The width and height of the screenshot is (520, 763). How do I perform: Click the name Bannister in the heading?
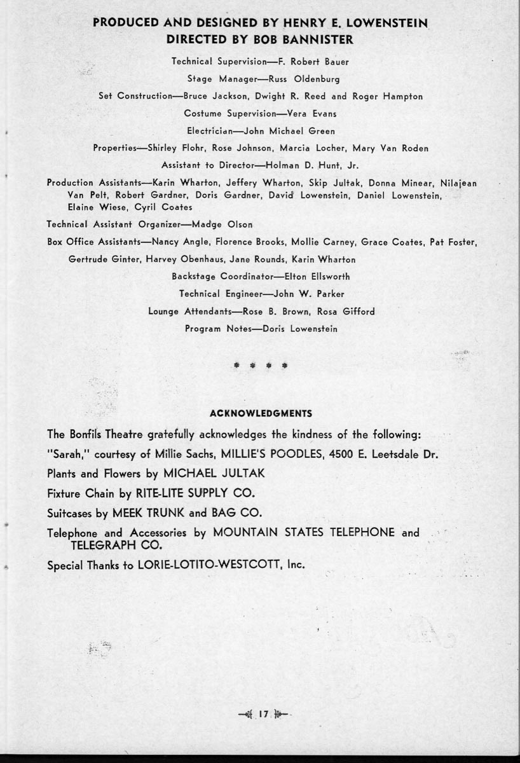(319, 39)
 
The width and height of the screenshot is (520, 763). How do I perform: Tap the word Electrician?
(212, 131)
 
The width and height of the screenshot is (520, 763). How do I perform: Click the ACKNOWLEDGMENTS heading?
(261, 413)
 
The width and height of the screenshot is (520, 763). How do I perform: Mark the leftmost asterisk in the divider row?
(236, 366)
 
